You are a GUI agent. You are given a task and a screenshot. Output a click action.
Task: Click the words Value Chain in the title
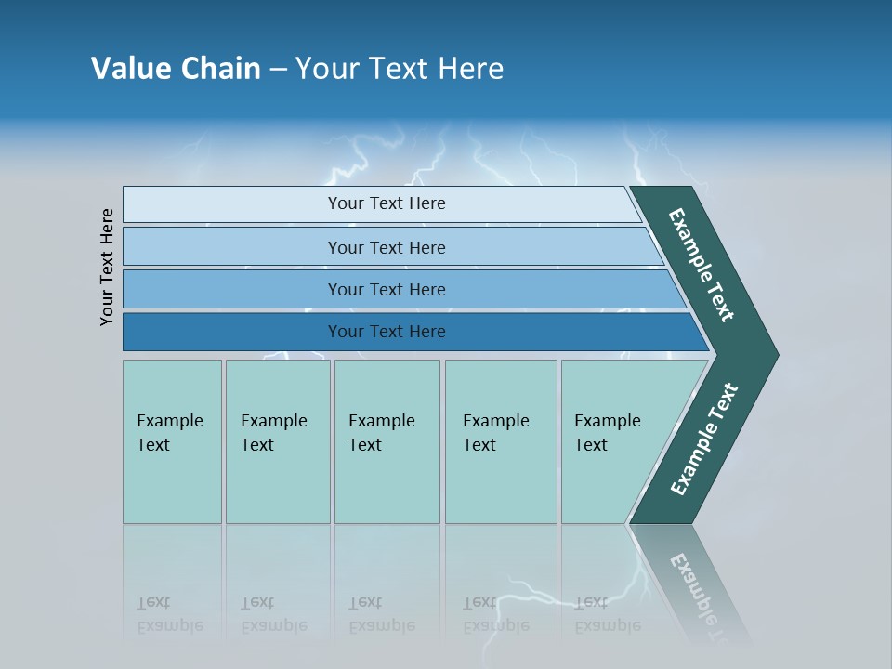[x=176, y=69]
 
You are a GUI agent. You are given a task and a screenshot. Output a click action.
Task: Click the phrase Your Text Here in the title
[x=400, y=69]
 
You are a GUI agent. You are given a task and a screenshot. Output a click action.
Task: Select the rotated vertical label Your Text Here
[x=107, y=267]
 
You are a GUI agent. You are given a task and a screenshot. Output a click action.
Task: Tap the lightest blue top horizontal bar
[x=232, y=204]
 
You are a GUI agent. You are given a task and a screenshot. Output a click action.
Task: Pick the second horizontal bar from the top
[x=232, y=247]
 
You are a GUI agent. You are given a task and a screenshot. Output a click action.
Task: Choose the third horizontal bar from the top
[x=232, y=289]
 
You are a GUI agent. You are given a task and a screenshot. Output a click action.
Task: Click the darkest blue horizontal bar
[x=232, y=332]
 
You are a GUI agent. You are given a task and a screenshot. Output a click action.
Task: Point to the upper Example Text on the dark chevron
[x=702, y=265]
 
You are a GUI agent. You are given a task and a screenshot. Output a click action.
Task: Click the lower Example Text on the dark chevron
[x=704, y=439]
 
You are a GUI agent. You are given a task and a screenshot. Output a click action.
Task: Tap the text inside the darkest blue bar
[x=387, y=332]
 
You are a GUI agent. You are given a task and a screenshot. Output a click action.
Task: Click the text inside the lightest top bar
[x=387, y=203]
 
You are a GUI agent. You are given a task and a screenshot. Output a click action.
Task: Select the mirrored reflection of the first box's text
[x=169, y=614]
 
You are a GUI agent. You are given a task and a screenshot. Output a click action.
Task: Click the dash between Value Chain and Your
[x=278, y=70]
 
